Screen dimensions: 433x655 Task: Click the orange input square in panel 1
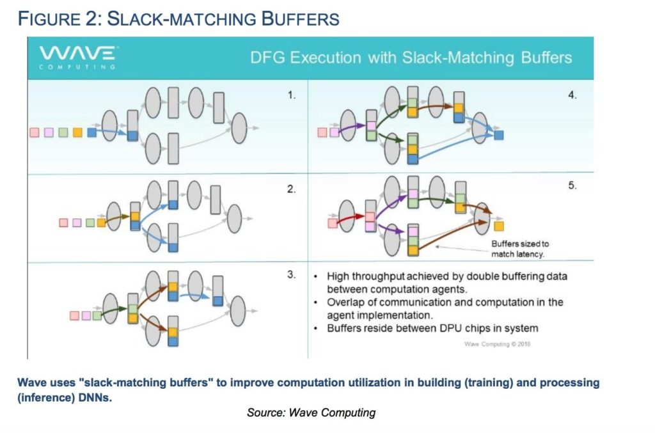[x=77, y=132]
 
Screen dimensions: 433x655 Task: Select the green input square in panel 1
[x=63, y=132]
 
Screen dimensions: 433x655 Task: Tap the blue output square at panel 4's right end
[x=499, y=135]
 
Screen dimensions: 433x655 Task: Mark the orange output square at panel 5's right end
[x=499, y=225]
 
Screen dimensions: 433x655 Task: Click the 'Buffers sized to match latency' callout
[x=519, y=249]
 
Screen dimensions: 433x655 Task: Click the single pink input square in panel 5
[x=332, y=223]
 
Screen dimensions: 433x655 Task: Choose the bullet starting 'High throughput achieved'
[x=446, y=282]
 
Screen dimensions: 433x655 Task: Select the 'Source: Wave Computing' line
[x=311, y=413]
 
